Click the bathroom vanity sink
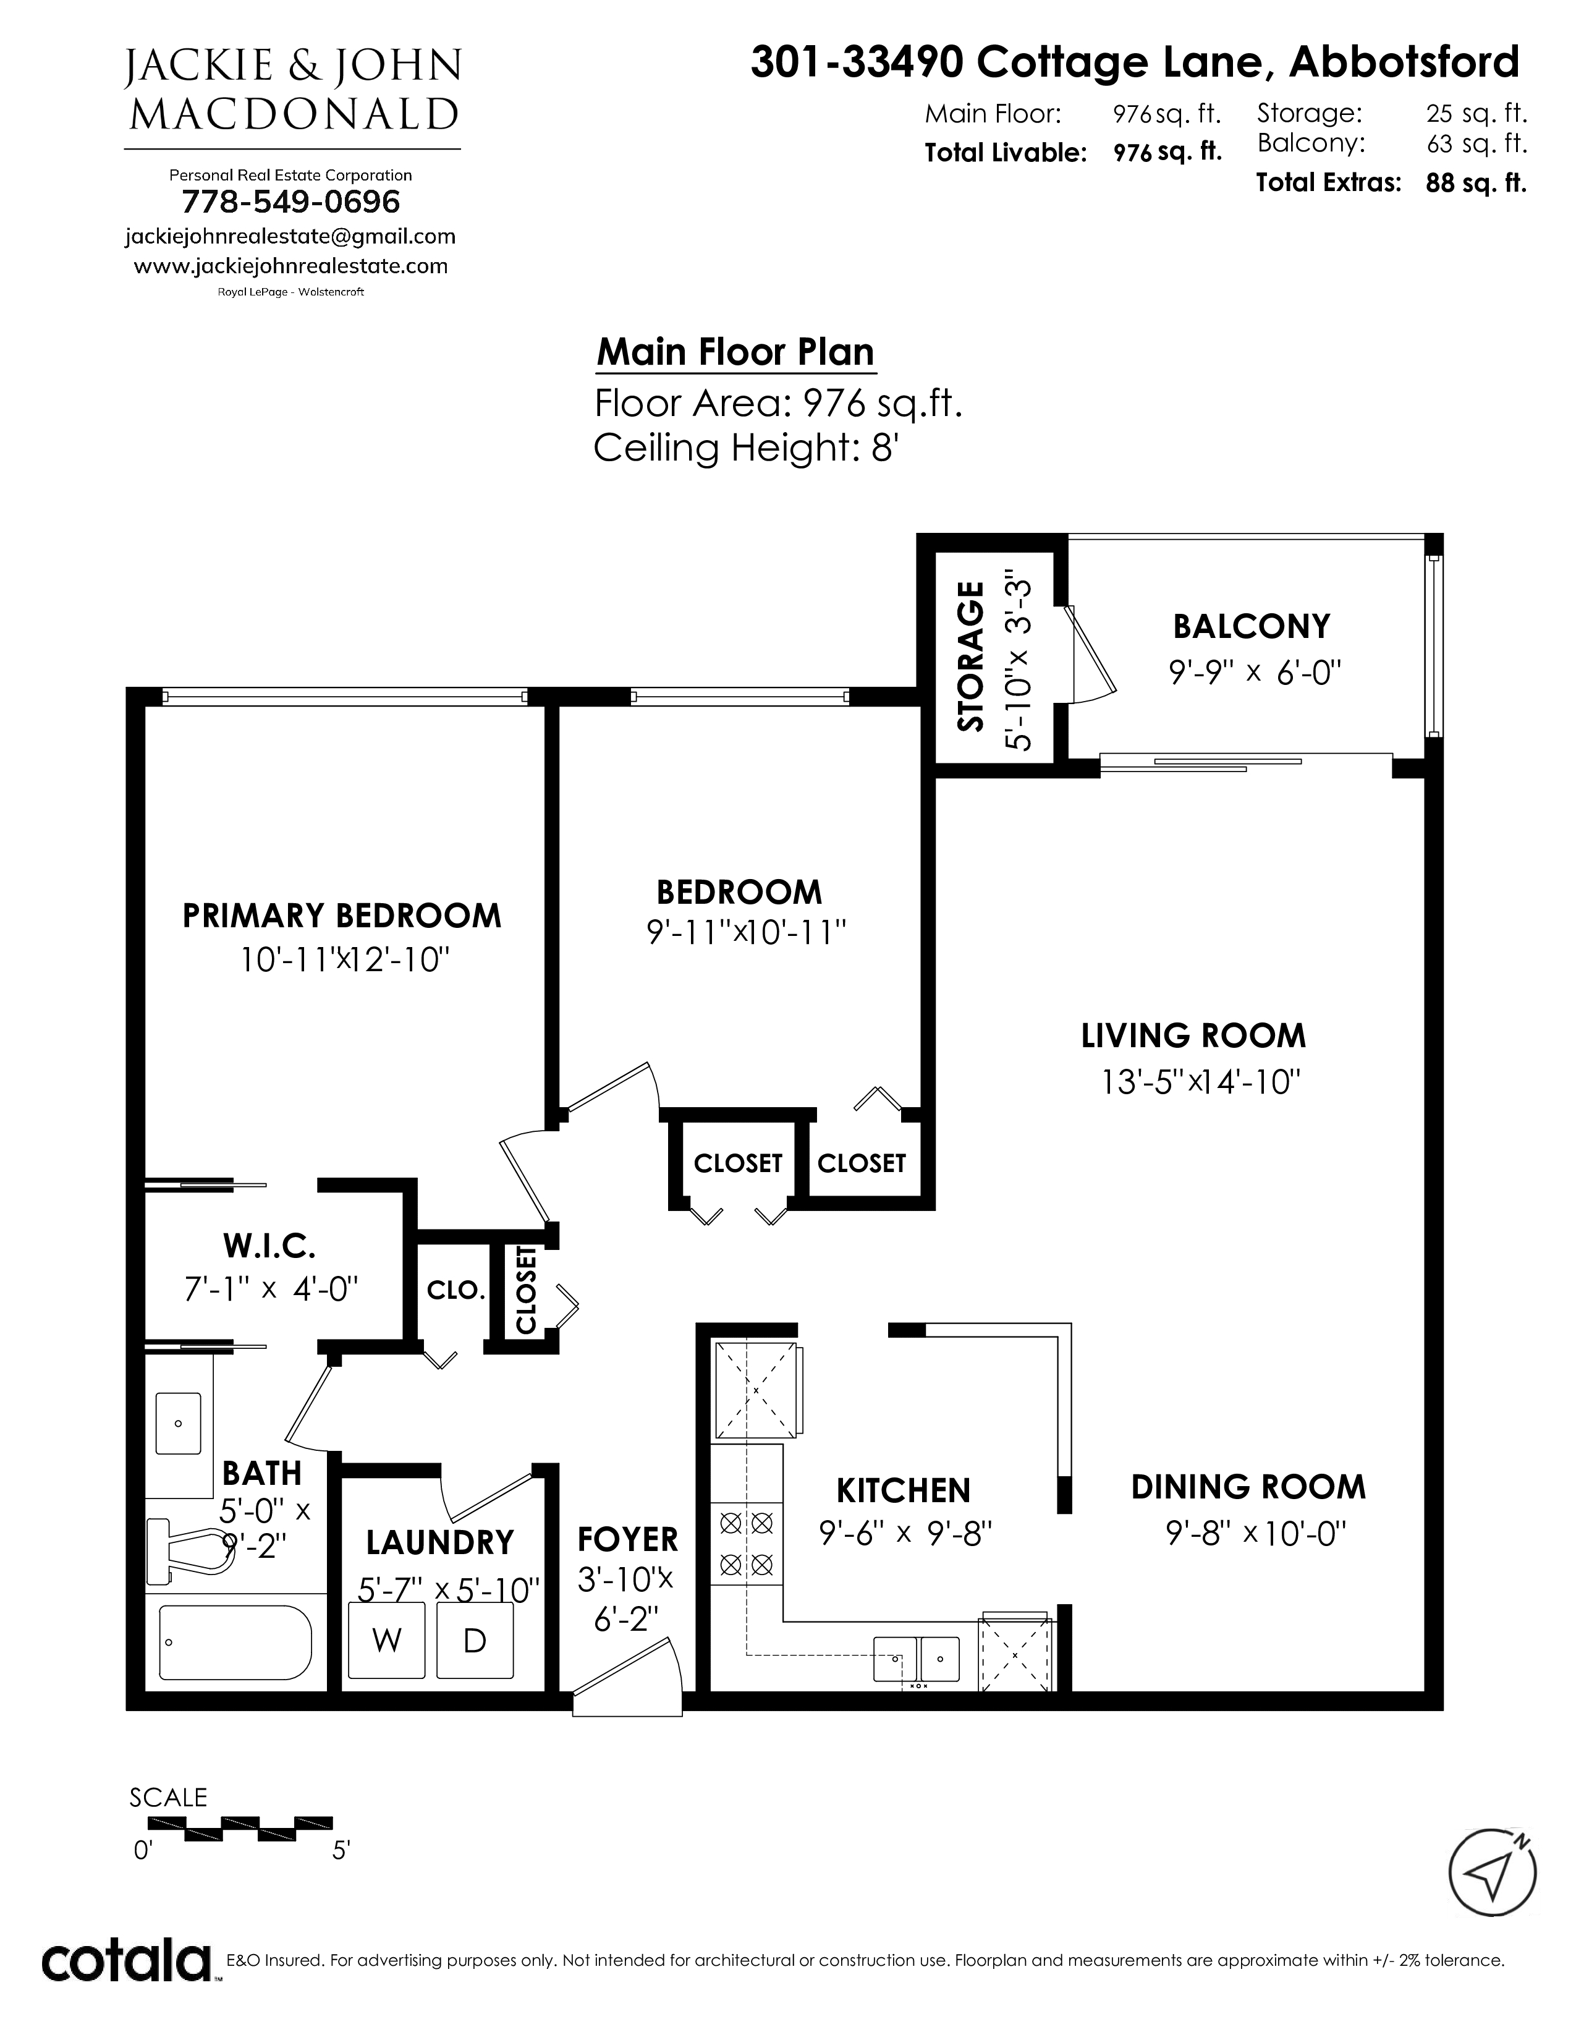(179, 1422)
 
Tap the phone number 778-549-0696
(290, 202)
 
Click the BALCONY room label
(1251, 626)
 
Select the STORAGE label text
(971, 656)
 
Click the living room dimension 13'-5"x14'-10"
(1201, 1082)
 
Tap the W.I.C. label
(269, 1245)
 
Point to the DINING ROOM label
(1248, 1487)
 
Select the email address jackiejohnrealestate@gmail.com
(290, 236)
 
